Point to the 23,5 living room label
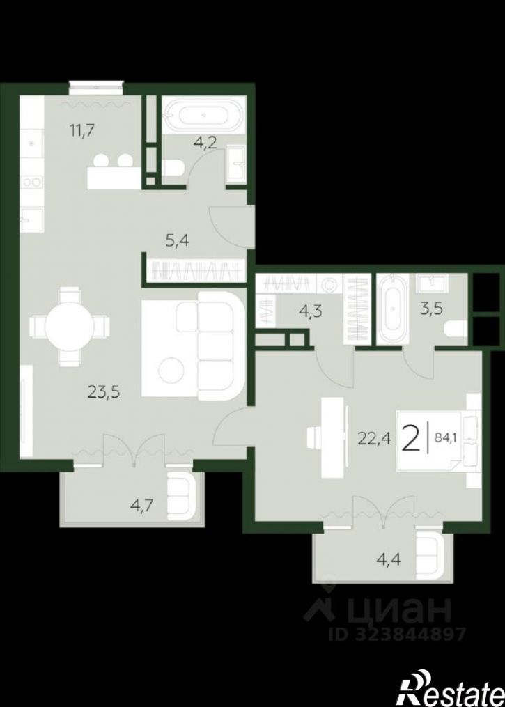pos(104,393)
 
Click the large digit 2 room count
pos(412,437)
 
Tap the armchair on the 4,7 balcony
pos(184,496)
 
